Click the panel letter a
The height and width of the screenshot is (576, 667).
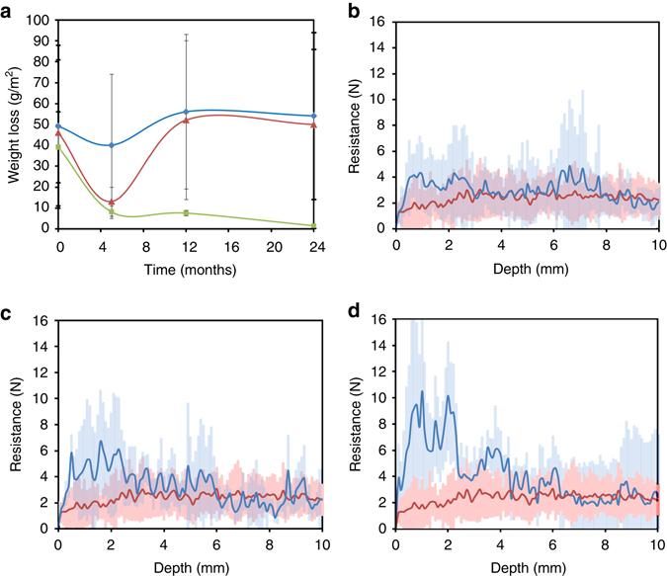pos(9,9)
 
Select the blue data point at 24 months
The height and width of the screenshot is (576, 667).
pos(313,117)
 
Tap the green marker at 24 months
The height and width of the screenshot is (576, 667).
pos(313,226)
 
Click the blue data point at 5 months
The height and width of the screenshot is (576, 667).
pos(112,145)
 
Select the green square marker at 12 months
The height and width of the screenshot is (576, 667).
pos(187,213)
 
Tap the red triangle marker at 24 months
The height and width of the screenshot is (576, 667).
pos(313,124)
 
